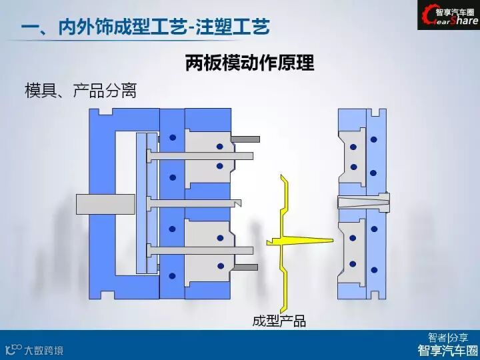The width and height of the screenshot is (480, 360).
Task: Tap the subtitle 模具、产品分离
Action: [81, 91]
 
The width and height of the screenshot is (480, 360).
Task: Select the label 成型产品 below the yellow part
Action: [279, 321]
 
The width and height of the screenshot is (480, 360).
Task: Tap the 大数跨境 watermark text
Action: [44, 349]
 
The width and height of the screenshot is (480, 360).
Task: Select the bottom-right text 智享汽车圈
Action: [447, 350]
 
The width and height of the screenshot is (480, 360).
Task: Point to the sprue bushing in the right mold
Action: [363, 202]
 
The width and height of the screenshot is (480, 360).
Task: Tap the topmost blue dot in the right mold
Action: [374, 139]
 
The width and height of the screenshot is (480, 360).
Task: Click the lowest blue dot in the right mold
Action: [374, 269]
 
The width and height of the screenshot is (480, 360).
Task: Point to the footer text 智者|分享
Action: [447, 337]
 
